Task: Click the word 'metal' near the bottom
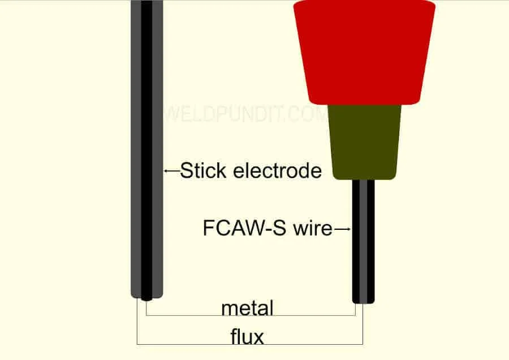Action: point(247,308)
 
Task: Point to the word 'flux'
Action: point(247,337)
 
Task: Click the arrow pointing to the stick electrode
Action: point(171,170)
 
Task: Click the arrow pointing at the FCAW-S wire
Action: point(343,229)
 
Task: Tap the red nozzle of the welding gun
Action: point(364,51)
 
